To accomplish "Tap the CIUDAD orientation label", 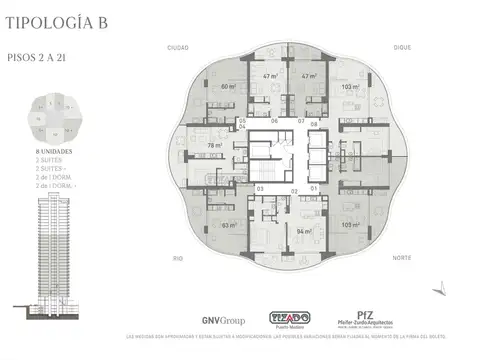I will [x=178, y=47].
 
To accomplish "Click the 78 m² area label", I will [x=214, y=145].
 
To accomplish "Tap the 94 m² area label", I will [x=301, y=231].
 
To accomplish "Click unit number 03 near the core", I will [x=260, y=188].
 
